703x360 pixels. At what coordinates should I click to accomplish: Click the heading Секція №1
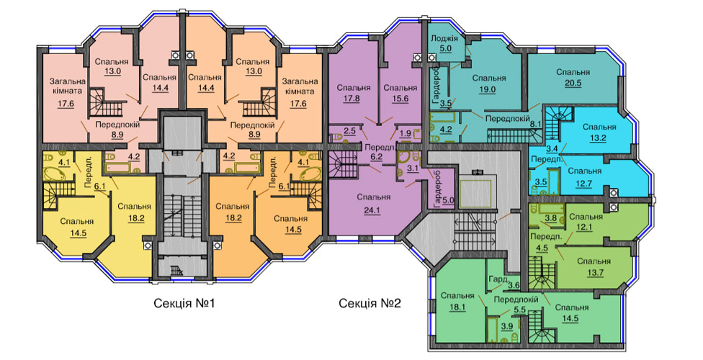pos(184,304)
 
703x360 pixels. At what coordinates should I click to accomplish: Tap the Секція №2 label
pos(370,304)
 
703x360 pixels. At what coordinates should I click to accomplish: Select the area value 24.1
pos(373,208)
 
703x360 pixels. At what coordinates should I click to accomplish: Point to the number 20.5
pos(573,83)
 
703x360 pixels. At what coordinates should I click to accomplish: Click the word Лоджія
pos(444,37)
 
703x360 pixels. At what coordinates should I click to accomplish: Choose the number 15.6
pos(400,99)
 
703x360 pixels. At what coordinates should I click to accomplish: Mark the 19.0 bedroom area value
pos(488,89)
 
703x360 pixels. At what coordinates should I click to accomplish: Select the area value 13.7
pos(594,271)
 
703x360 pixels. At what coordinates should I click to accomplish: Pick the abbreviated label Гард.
pos(498,278)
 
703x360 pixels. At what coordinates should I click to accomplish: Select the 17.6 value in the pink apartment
pos(66,103)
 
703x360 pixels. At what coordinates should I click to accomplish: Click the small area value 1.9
pos(405,132)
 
